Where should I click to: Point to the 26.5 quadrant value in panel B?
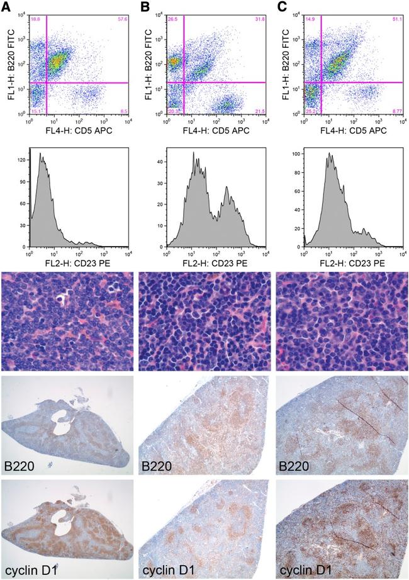(173, 20)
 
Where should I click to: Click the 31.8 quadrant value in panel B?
(260, 20)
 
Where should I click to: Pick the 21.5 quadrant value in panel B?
(260, 112)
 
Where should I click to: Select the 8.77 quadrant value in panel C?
(396, 112)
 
